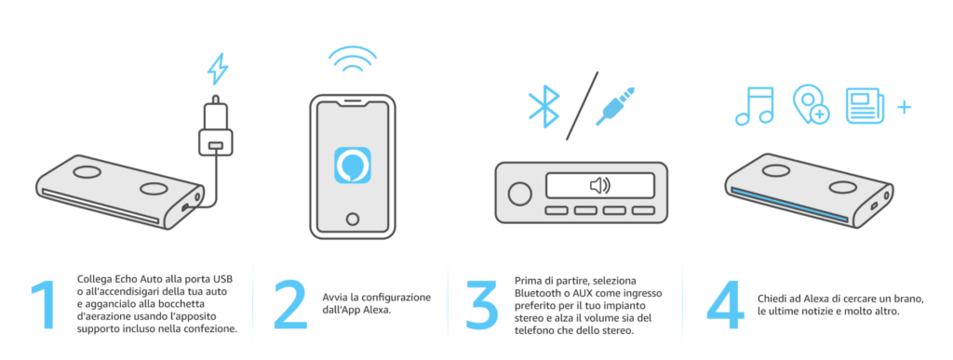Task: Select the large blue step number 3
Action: point(481,306)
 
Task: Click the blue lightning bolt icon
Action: point(218,69)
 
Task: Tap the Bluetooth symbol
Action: point(544,100)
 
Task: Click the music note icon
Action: point(754,106)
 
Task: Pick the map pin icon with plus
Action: point(811,105)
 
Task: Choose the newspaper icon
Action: point(865,106)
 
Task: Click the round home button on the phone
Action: point(353,219)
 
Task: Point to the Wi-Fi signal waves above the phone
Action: point(353,59)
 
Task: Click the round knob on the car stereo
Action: point(519,193)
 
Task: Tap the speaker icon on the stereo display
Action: point(600,185)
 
